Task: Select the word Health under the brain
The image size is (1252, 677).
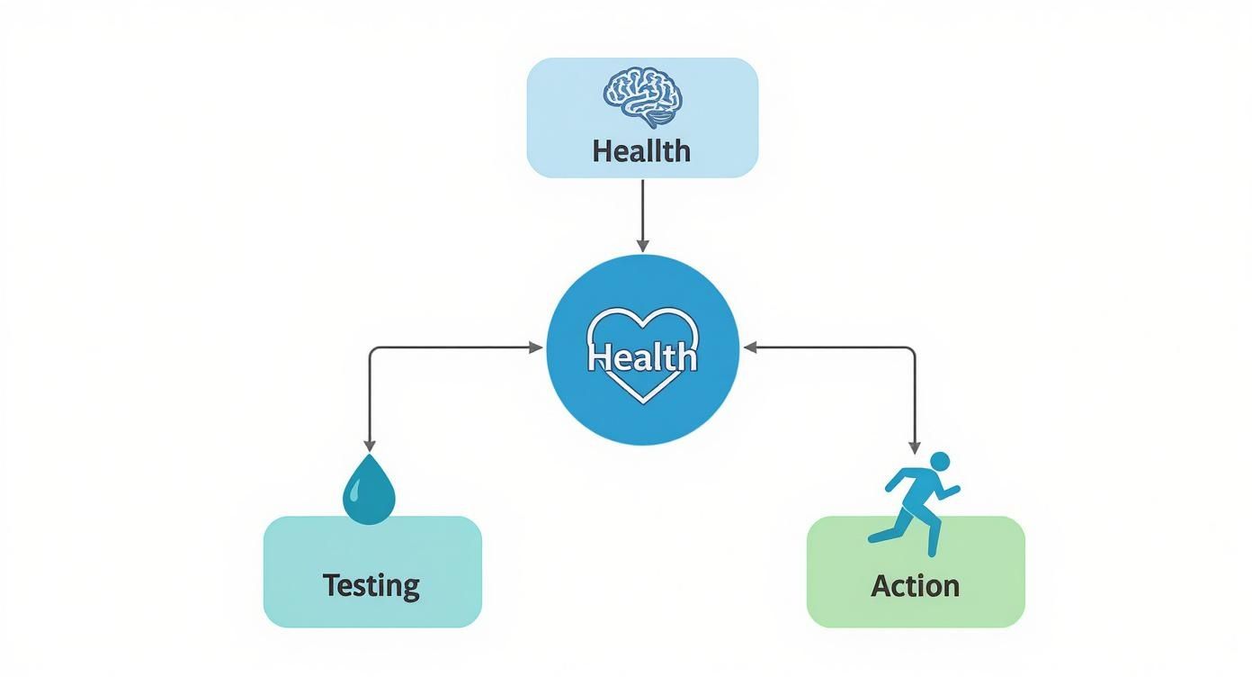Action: (x=641, y=150)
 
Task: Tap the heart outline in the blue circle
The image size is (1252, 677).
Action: (x=642, y=323)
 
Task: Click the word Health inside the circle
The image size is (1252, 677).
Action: (x=642, y=357)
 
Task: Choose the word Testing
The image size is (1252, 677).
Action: (x=371, y=586)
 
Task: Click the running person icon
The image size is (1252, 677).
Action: (x=914, y=501)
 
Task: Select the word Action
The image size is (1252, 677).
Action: (x=915, y=586)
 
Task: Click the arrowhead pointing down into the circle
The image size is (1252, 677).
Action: (x=642, y=246)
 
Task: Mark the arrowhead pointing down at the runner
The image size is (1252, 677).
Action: (x=915, y=447)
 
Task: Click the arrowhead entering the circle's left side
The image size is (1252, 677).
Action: (x=538, y=348)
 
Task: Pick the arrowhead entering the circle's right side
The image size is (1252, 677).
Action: (x=748, y=348)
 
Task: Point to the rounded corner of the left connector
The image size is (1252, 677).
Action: (x=372, y=351)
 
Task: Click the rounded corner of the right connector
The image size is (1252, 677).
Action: (x=911, y=351)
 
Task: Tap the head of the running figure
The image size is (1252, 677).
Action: (x=939, y=461)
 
